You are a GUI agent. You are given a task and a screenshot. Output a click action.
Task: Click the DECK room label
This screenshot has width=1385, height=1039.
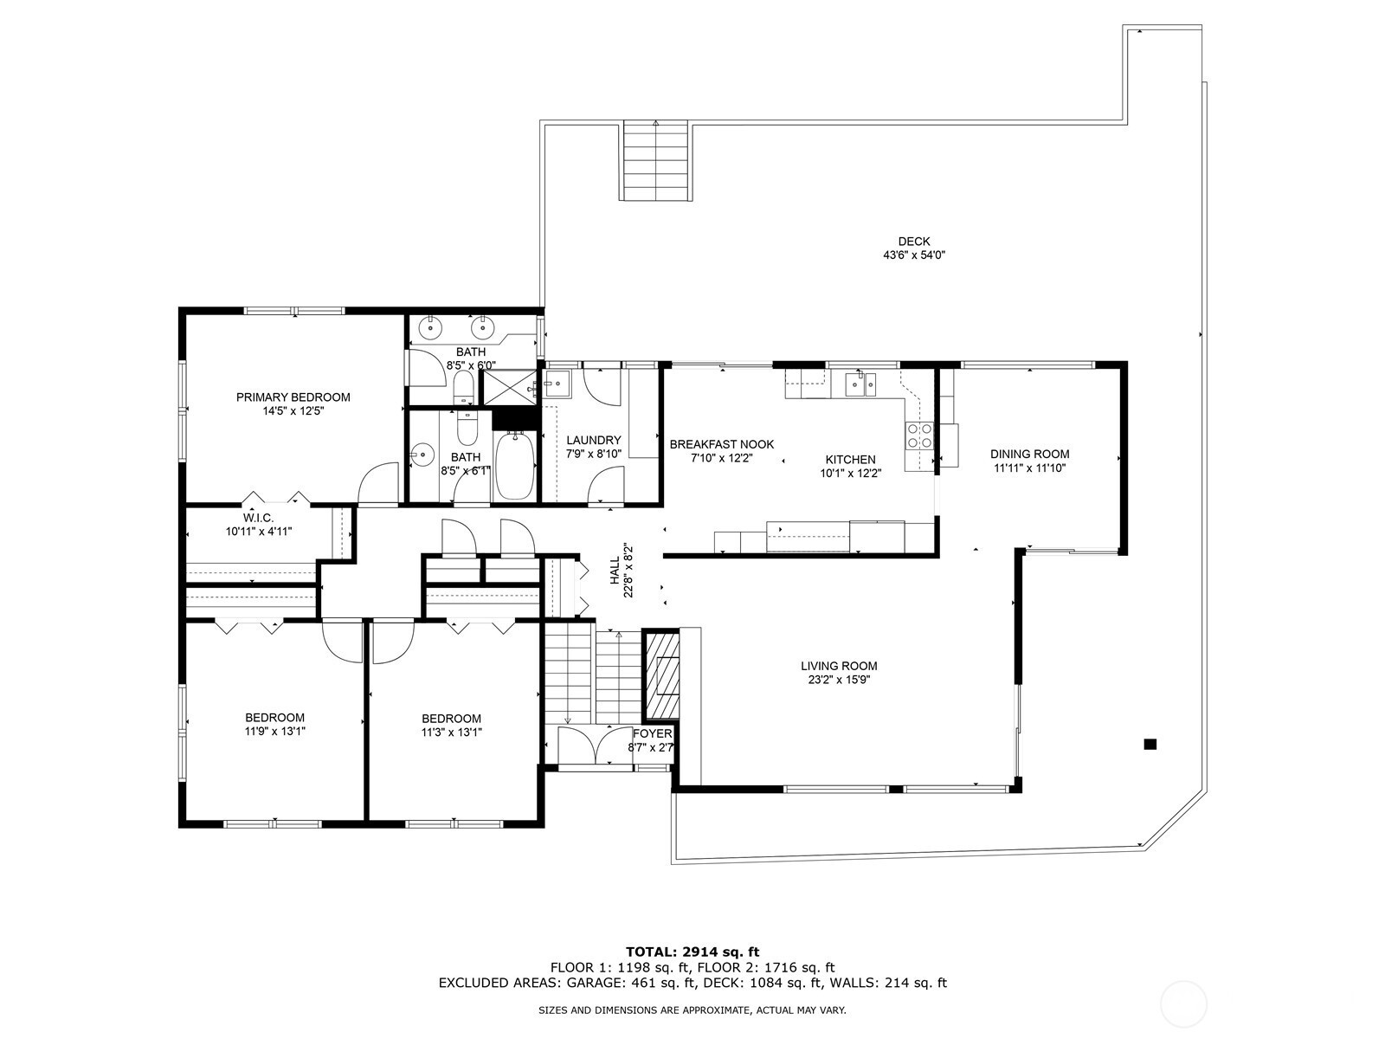click(913, 241)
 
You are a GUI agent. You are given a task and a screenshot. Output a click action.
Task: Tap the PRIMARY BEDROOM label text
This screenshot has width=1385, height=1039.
click(293, 397)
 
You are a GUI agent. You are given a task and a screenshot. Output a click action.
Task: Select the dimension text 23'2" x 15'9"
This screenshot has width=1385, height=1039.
click(839, 680)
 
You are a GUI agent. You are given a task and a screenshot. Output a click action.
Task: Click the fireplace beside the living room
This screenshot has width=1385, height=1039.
click(660, 674)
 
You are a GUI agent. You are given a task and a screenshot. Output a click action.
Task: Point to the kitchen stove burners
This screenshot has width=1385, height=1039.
click(919, 436)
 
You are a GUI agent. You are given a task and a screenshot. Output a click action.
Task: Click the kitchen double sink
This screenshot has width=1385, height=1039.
click(860, 384)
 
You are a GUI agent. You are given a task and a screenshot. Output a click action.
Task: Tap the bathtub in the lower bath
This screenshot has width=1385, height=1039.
click(516, 464)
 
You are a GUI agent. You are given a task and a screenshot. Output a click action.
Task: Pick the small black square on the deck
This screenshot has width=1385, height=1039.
click(1150, 745)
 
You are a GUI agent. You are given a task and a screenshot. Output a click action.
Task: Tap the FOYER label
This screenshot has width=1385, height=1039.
click(653, 733)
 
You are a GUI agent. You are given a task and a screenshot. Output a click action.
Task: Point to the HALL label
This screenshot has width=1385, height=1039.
click(615, 571)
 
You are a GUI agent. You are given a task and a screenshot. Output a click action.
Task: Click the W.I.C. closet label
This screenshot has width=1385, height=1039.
click(259, 518)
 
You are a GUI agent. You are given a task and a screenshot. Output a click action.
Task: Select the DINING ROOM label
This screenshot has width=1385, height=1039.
click(1029, 454)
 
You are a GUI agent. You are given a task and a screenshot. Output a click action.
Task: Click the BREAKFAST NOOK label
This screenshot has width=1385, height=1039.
click(721, 444)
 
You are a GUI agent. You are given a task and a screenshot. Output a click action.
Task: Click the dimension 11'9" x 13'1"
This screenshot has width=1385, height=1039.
click(275, 731)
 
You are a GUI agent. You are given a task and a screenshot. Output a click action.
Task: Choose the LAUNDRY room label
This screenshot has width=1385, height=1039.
click(593, 440)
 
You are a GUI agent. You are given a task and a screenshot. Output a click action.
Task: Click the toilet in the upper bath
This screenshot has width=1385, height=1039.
click(464, 386)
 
